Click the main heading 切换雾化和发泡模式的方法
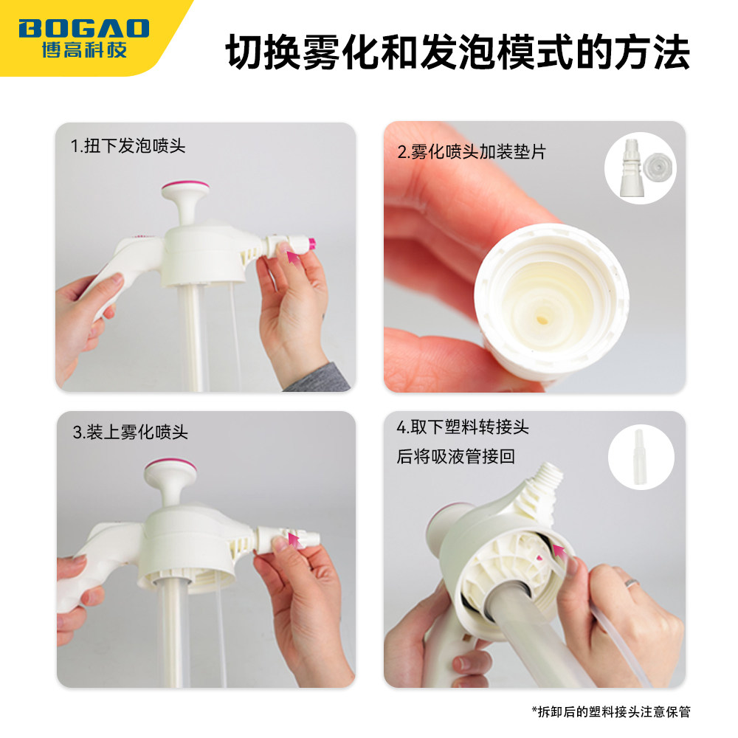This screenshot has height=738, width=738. [458, 53]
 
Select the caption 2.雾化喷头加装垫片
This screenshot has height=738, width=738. [472, 153]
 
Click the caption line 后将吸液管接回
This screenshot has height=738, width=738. [455, 457]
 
